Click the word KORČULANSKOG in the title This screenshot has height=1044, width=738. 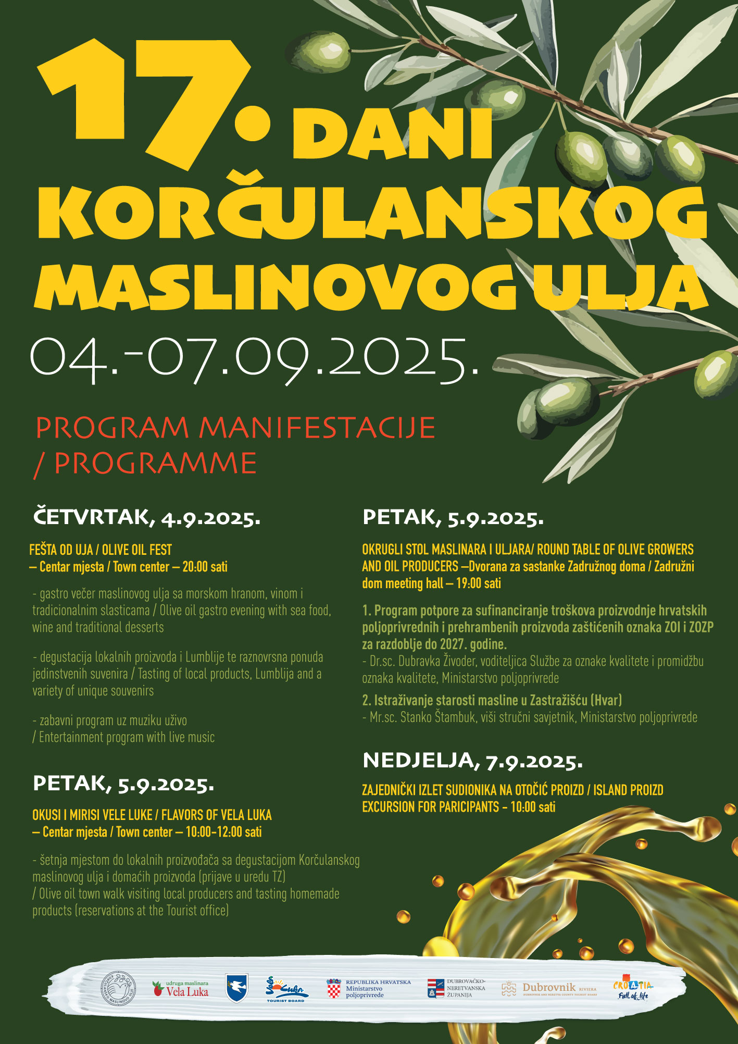pyautogui.click(x=372, y=214)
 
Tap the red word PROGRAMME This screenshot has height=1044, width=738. pyautogui.click(x=155, y=463)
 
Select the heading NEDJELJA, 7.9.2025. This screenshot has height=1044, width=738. pyautogui.click(x=472, y=761)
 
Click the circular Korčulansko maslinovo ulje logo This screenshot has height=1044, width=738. pyautogui.click(x=118, y=987)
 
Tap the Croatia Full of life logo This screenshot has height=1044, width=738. pyautogui.click(x=632, y=988)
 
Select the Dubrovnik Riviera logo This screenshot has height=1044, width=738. pyautogui.click(x=549, y=988)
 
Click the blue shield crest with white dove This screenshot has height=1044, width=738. pyautogui.click(x=236, y=988)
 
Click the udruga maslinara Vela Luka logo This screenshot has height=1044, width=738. pyautogui.click(x=180, y=988)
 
